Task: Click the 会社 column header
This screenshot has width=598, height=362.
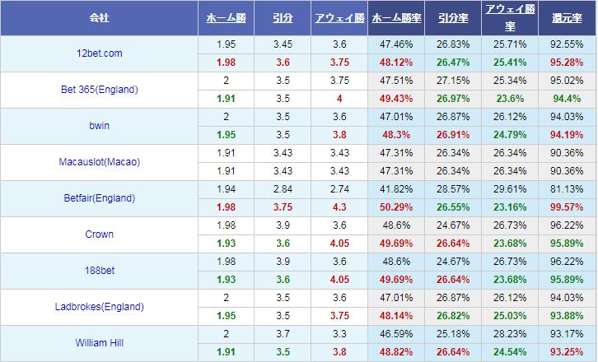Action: (x=100, y=17)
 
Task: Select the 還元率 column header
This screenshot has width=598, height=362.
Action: (x=568, y=17)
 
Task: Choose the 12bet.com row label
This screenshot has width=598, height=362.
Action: (x=98, y=53)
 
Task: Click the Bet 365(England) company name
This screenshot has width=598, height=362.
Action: (x=100, y=90)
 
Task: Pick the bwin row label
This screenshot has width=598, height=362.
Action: (x=98, y=126)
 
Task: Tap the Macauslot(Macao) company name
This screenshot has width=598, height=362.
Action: (x=100, y=162)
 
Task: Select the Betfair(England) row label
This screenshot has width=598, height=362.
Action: (x=100, y=198)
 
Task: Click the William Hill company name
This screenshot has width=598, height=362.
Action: (x=100, y=343)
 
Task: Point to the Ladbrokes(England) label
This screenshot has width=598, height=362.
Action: (x=100, y=307)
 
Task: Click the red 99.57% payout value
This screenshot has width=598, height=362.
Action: (x=568, y=207)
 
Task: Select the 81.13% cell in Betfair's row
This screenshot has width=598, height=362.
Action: (x=568, y=189)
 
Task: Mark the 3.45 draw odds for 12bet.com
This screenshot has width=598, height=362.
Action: (x=283, y=44)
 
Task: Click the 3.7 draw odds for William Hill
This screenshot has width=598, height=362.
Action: (x=283, y=334)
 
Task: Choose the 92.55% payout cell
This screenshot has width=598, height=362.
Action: (x=568, y=44)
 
